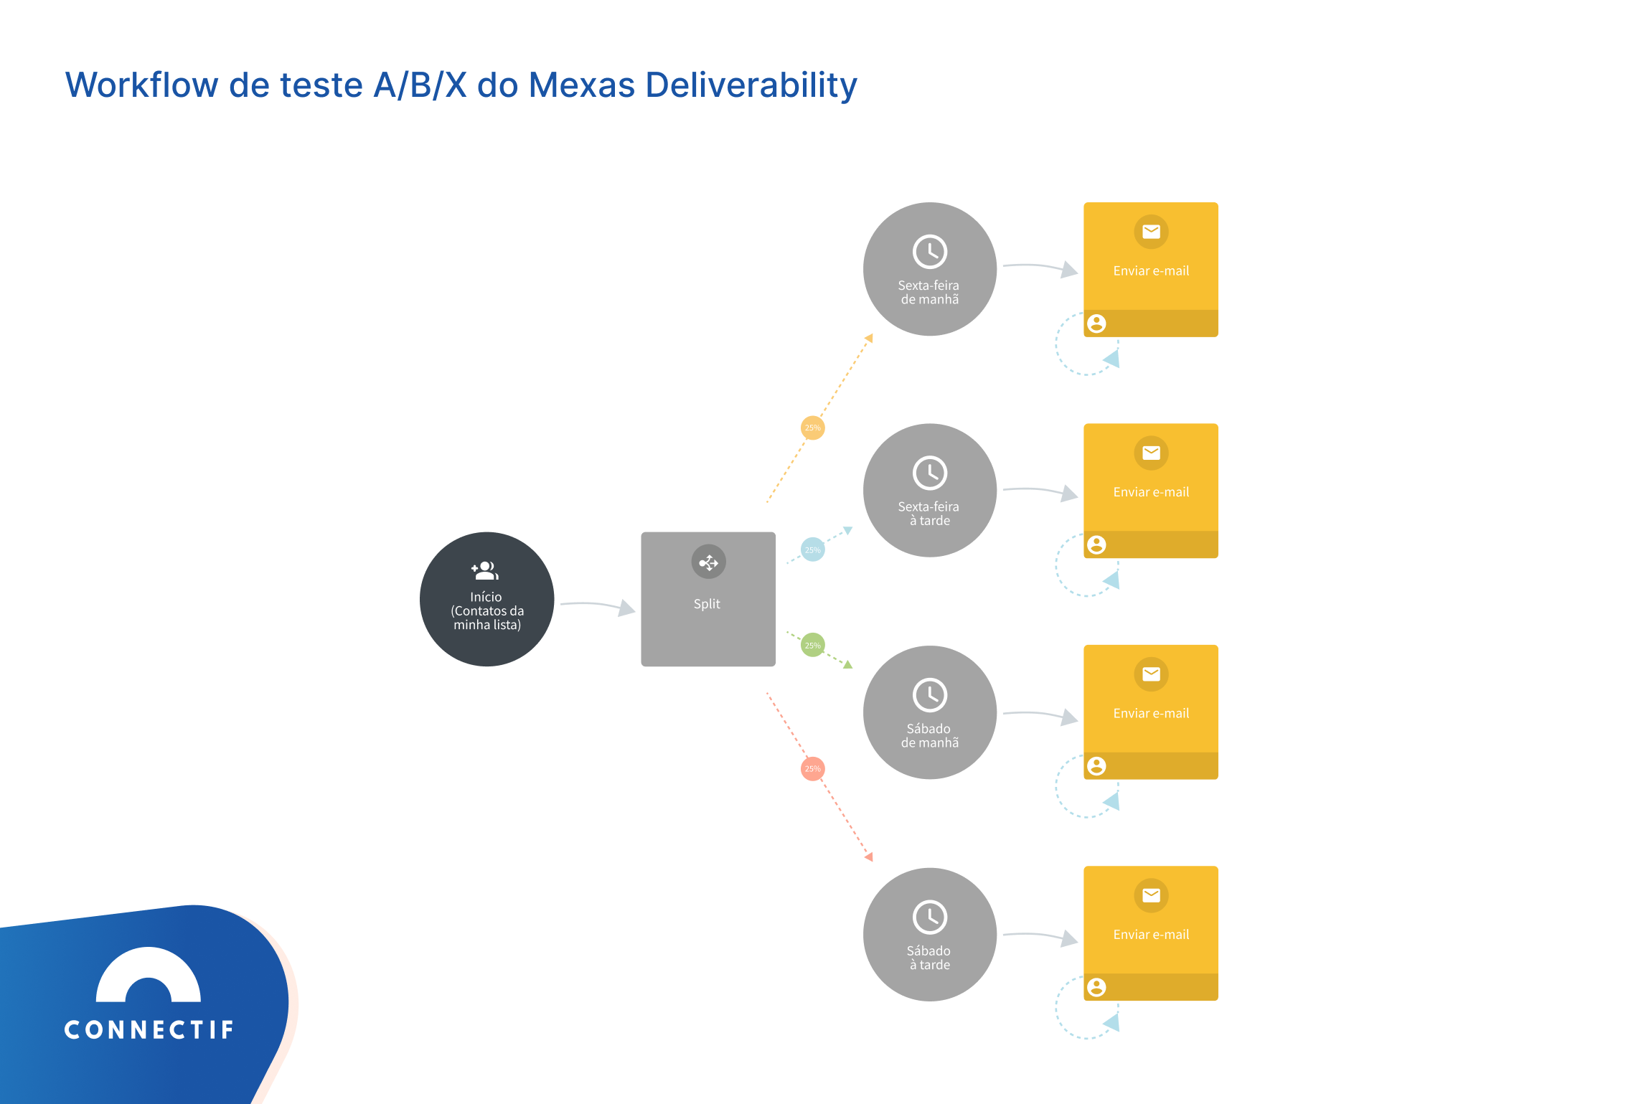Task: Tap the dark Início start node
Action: pos(486,599)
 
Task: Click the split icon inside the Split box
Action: pos(708,562)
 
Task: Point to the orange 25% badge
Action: pos(812,428)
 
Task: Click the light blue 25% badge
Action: pos(812,550)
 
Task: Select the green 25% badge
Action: pos(812,645)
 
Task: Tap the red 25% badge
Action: pos(812,769)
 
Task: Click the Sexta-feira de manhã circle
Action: pos(929,269)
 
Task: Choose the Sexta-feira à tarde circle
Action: pos(929,490)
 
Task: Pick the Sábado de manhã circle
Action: pos(929,712)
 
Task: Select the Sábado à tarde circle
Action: pos(929,934)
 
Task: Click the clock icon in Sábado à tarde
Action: pos(930,917)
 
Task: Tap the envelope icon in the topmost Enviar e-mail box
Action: pos(1151,232)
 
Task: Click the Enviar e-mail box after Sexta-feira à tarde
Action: pos(1150,491)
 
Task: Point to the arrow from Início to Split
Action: pos(597,606)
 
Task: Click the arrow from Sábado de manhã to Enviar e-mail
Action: pos(1040,714)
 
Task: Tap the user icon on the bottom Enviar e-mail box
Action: pos(1096,987)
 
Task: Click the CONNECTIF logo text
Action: pos(149,1030)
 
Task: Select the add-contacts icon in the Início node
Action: pos(485,571)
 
